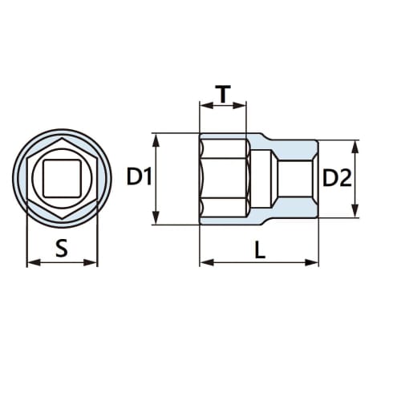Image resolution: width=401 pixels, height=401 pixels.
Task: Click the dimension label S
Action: (62, 249)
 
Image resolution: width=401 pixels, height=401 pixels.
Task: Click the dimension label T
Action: (222, 94)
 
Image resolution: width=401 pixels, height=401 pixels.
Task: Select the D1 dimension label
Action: (140, 178)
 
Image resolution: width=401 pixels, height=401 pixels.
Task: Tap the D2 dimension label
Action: (337, 179)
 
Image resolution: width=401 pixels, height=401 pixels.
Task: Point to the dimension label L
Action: (259, 249)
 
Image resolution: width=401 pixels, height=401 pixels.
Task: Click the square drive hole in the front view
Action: (62, 177)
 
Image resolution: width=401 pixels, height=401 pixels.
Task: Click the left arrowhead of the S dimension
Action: (30, 261)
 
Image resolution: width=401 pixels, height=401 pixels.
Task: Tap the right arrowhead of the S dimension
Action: (94, 261)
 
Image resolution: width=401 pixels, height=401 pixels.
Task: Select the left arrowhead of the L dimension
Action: (203, 261)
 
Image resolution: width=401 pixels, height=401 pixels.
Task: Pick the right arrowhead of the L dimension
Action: (314, 261)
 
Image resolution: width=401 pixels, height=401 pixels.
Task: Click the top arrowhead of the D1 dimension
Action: (157, 137)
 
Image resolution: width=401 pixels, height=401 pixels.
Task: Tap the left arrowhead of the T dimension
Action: (203, 105)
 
